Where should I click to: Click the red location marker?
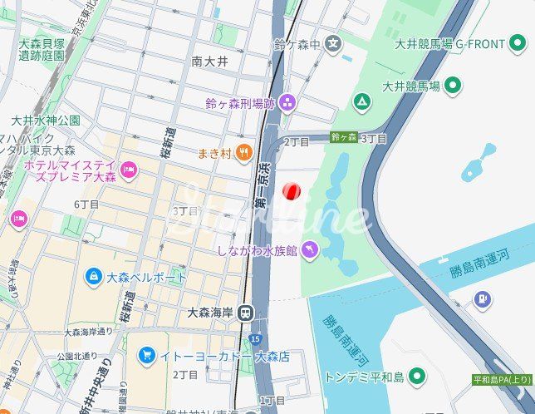click(x=291, y=192)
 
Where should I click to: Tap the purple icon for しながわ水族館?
click(x=309, y=249)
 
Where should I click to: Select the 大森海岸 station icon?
click(x=244, y=313)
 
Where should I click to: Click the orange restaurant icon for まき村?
click(x=243, y=151)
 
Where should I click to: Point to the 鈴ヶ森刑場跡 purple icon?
click(x=287, y=103)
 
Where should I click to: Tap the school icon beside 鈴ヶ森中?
click(x=333, y=43)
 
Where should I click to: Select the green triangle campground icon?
click(x=361, y=102)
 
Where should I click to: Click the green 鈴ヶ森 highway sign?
click(x=344, y=137)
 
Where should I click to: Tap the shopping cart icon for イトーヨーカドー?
click(x=147, y=356)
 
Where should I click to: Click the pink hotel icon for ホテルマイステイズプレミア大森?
click(x=129, y=171)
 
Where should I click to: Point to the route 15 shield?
click(x=255, y=338)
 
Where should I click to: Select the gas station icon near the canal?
click(x=482, y=299)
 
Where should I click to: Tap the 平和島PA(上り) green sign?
click(x=502, y=380)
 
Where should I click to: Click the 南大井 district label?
click(x=209, y=61)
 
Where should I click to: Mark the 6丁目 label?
click(x=86, y=205)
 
